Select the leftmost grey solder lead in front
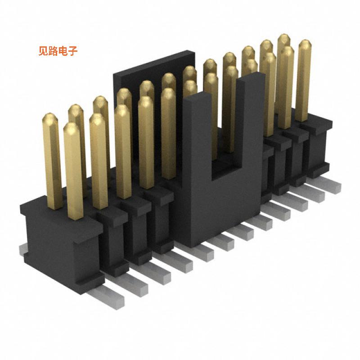click(108, 295)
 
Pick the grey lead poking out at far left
click(22, 250)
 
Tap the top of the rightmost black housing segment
click(317, 124)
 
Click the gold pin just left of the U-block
click(169, 135)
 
